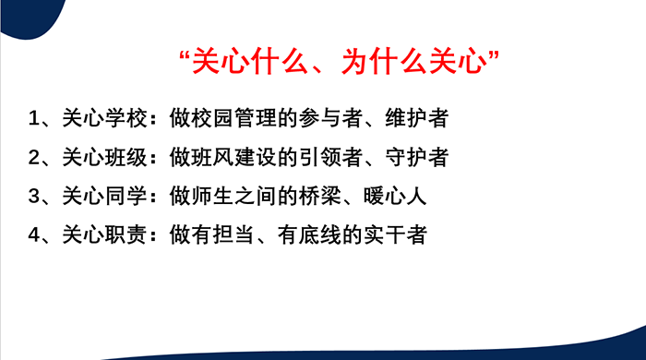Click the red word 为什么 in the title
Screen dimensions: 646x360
coord(385,62)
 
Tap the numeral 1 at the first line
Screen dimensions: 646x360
coord(34,118)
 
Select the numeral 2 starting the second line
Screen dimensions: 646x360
coord(34,157)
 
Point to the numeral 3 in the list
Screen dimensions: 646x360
coord(34,196)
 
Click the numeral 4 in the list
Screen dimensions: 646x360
coord(34,235)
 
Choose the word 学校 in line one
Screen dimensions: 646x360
coord(126,118)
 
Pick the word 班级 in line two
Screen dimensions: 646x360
coord(126,157)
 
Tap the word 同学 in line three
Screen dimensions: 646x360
coord(126,196)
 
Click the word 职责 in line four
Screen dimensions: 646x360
coord(126,235)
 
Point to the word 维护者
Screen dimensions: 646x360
coord(416,118)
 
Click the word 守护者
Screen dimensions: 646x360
coord(416,157)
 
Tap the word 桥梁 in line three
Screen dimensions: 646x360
coord(319,196)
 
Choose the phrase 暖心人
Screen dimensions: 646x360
coord(395,196)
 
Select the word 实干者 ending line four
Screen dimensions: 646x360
coord(395,235)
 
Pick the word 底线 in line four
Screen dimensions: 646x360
coord(319,235)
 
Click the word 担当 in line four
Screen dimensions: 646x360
coord(233,235)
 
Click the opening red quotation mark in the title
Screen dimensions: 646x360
coord(185,56)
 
